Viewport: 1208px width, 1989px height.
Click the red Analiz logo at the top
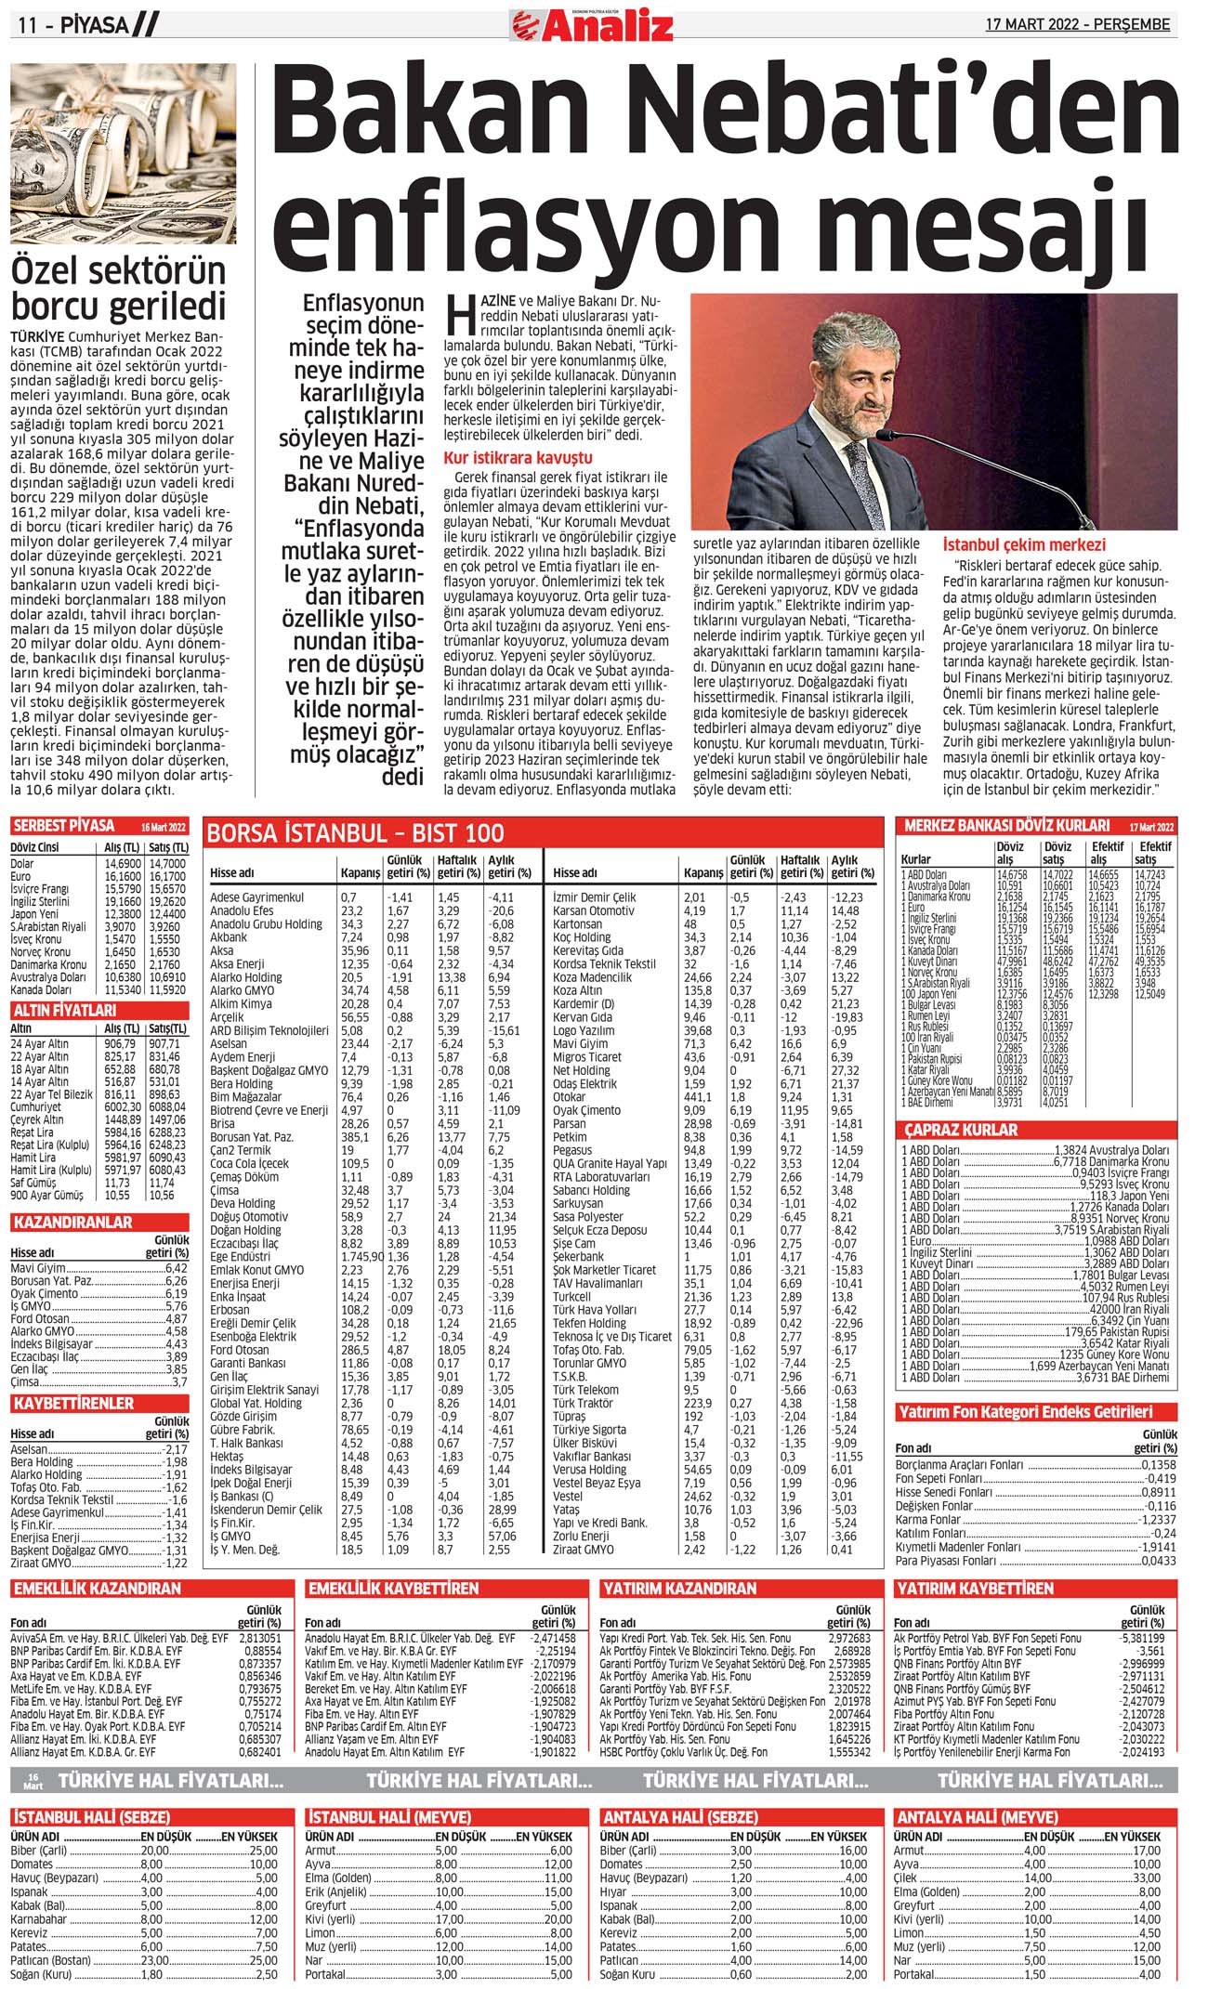(x=592, y=25)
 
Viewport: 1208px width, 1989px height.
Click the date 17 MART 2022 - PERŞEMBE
(x=1078, y=25)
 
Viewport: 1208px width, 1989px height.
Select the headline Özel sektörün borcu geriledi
(x=118, y=288)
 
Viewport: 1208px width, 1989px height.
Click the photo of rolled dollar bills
(x=124, y=153)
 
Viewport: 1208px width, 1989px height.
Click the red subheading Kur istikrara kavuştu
(x=518, y=458)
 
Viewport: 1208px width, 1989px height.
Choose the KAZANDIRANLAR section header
(x=72, y=1223)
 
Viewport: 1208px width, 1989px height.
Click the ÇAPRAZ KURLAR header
(x=962, y=1130)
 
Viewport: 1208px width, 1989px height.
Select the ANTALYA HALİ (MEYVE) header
(x=976, y=1817)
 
